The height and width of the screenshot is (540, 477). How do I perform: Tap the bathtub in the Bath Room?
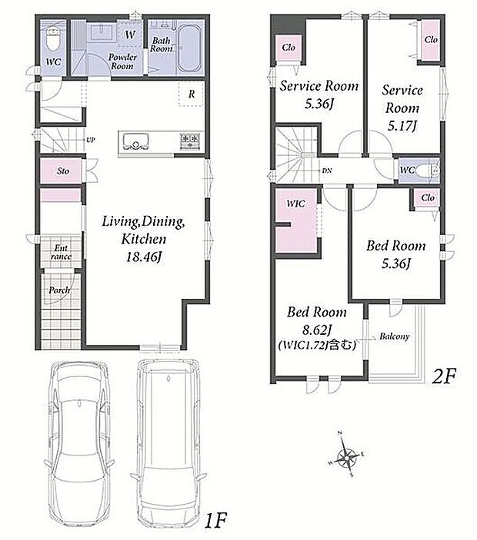pos(189,48)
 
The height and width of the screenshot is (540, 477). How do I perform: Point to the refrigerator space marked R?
pos(192,94)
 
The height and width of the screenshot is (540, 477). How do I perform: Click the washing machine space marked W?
pos(130,35)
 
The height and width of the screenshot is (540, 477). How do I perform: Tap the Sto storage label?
pos(63,171)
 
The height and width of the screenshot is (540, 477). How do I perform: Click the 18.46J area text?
pos(143,257)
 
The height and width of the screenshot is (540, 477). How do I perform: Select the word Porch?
pos(59,290)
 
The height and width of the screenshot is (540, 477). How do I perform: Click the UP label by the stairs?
pos(90,140)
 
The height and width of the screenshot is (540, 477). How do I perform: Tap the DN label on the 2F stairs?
pos(327,170)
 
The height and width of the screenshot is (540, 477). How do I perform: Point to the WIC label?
pos(295,204)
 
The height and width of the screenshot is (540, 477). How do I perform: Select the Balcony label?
pos(395,336)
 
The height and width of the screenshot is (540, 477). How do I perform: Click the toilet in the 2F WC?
pos(428,171)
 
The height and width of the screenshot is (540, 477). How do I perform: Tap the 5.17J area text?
pos(402,126)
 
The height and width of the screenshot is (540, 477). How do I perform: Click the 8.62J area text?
pos(317,330)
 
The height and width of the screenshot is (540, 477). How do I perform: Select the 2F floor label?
pos(444,376)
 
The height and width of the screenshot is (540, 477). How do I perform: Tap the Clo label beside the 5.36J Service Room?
pos(289,47)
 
